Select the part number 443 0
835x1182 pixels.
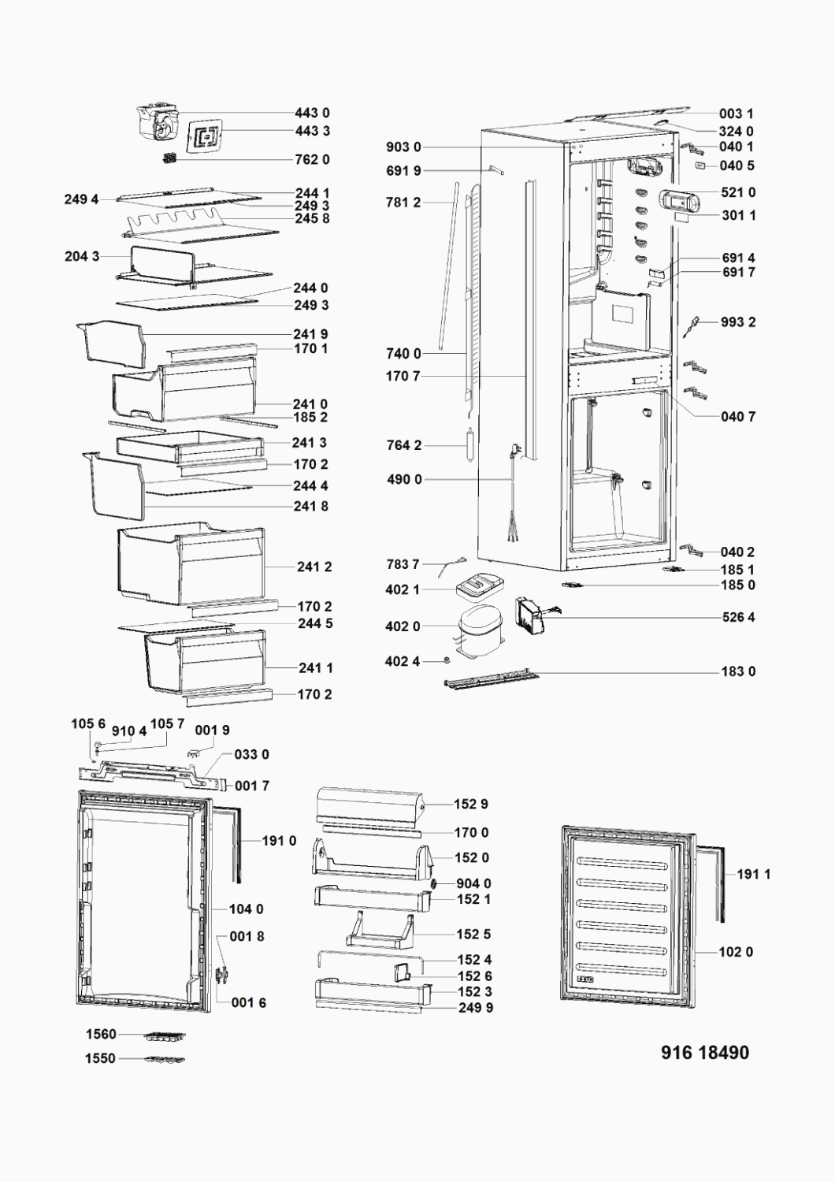tap(312, 113)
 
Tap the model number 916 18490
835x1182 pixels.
tap(705, 1053)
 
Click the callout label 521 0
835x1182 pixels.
tap(738, 192)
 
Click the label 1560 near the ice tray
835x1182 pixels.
tap(101, 1034)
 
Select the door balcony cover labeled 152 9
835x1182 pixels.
tap(369, 804)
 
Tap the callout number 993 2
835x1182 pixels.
tap(738, 322)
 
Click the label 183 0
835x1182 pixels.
tap(738, 671)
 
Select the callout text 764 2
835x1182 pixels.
tap(403, 445)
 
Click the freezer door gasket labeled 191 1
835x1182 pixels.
tap(715, 883)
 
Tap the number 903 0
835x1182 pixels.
tap(403, 147)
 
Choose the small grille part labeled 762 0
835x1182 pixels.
tap(169, 158)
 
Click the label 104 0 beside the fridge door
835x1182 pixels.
tap(246, 909)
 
